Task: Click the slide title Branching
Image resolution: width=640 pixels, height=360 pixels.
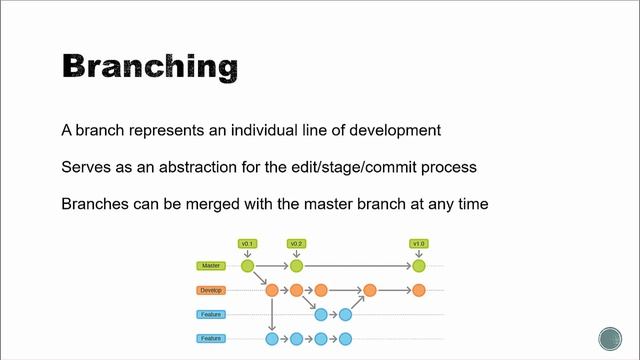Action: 150,67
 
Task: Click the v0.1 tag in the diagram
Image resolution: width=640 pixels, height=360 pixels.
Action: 248,244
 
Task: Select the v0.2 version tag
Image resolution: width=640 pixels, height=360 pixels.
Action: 296,244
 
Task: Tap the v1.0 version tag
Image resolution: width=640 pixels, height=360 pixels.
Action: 419,244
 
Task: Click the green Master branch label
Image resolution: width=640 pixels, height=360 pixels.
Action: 210,266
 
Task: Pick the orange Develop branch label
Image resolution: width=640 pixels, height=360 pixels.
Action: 210,290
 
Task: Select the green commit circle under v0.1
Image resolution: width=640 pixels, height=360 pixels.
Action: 248,266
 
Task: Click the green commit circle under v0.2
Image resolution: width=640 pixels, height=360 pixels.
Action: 296,266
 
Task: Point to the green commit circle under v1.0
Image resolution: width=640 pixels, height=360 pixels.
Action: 419,266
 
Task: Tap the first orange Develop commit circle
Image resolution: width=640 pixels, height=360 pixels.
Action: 272,290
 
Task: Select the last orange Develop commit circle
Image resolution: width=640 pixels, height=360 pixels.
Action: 419,290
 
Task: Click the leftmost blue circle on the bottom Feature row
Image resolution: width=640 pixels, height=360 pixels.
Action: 272,339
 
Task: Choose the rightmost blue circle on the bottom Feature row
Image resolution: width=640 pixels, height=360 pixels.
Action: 345,339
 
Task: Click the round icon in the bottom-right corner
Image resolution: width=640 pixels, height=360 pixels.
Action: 610,338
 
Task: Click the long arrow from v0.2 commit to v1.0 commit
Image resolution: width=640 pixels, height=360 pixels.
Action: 357,266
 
